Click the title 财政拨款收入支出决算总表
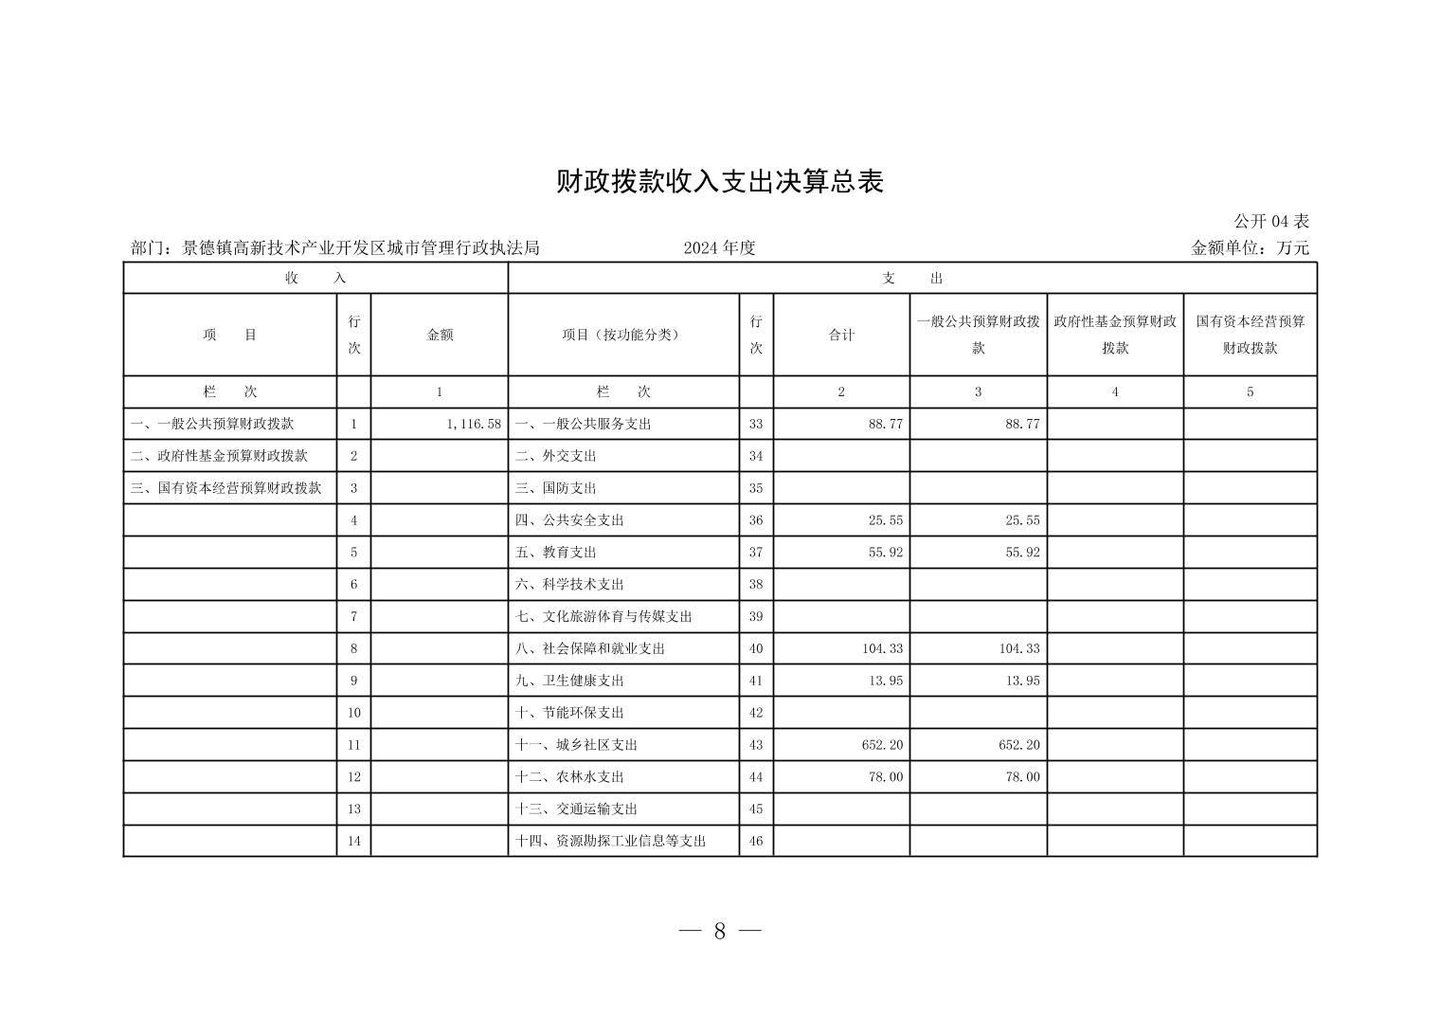pos(719,182)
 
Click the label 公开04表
pos(1270,221)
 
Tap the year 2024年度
pos(719,248)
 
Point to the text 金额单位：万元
pos(1250,248)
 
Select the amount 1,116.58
pos(473,424)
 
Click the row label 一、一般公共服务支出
pos(583,424)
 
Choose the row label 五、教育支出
pos(555,552)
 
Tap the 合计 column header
pos(841,335)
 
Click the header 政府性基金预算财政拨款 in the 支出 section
pos(1114,335)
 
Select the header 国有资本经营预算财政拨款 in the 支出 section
pos(1250,335)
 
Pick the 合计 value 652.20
pos(882,745)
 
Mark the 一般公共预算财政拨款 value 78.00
pos(1019,777)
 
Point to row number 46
pos(756,841)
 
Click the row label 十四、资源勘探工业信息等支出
pos(610,841)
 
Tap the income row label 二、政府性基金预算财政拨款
pos(219,456)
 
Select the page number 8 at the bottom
pos(720,931)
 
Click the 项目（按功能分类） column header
pos(622,335)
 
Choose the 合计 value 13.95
pos(886,681)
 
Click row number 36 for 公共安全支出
pos(756,520)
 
